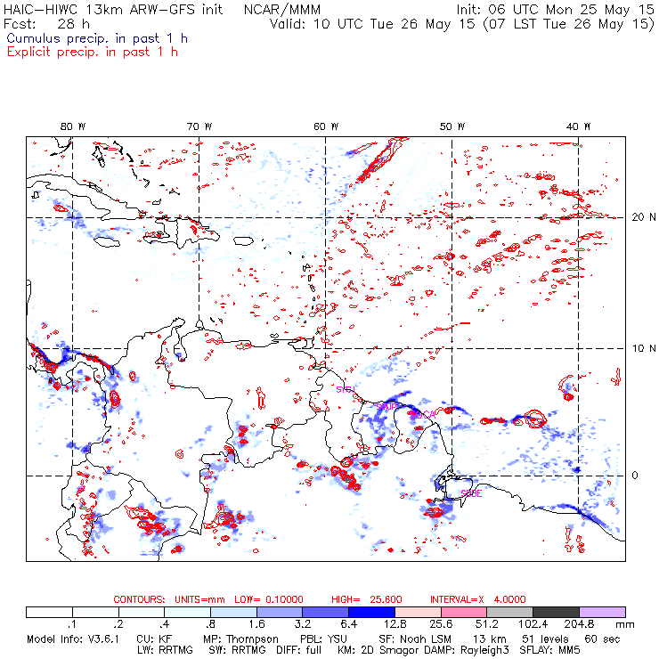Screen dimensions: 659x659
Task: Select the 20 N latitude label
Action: pos(636,217)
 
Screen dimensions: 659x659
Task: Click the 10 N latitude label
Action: pos(636,348)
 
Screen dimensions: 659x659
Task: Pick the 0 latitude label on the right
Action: pos(635,476)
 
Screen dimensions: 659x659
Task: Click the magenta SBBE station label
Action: pos(471,493)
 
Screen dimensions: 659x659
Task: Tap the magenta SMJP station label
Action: pos(388,406)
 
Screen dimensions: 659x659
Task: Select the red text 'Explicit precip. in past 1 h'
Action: pos(92,52)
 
